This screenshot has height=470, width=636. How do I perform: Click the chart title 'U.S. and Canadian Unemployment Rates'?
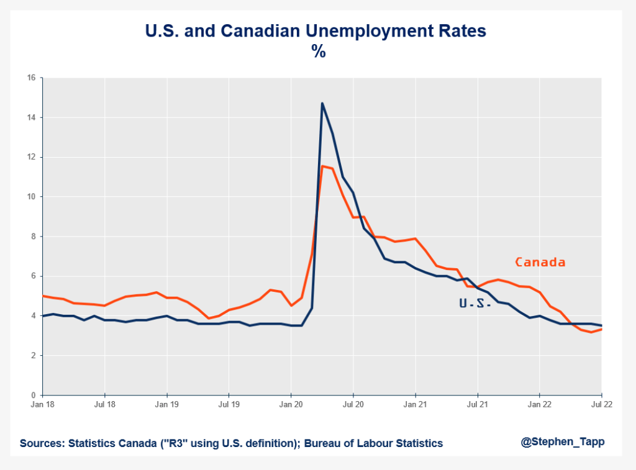pyautogui.click(x=318, y=31)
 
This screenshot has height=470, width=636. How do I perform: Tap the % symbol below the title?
pyautogui.click(x=319, y=52)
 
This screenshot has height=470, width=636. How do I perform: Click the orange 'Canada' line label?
pyautogui.click(x=540, y=262)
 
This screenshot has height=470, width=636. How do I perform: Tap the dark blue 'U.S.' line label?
pyautogui.click(x=475, y=304)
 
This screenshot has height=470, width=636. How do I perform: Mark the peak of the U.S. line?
pyautogui.click(x=322, y=103)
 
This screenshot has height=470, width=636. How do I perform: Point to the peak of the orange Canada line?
pyautogui.click(x=322, y=166)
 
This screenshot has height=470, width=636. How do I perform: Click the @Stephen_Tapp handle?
pyautogui.click(x=563, y=441)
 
